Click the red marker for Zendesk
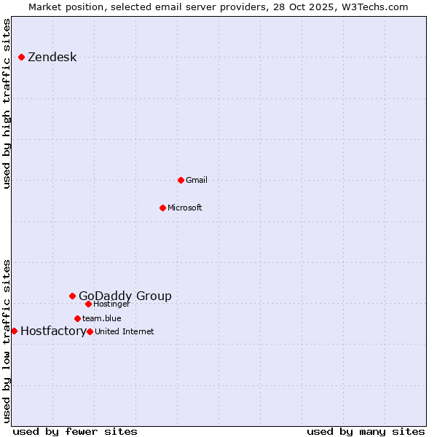pos(22,57)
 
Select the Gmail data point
pos(181,180)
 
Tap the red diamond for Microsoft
pos(162,208)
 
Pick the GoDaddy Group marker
pos(72,296)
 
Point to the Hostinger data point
pos(88,304)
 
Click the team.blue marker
pos(77,318)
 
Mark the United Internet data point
pos(90,331)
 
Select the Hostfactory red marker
pos(14,331)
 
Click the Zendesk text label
pos(52,58)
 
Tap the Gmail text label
pos(197,180)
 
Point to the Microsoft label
pos(184,208)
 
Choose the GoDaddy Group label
pos(125,296)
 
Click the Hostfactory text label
pos(53,331)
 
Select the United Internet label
pos(125,331)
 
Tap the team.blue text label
pos(101,318)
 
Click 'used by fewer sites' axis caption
pos(75,431)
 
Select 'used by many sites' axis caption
pos(366,431)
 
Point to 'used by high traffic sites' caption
pos(7,103)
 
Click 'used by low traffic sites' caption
pos(7,341)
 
